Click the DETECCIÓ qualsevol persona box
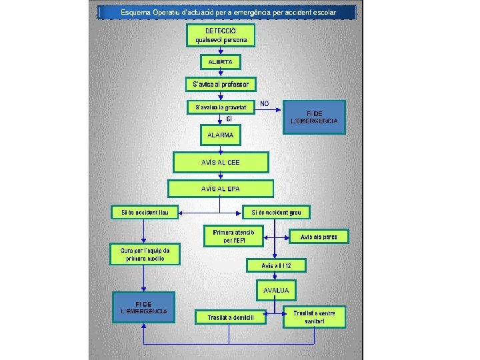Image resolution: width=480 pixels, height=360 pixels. click(221, 36)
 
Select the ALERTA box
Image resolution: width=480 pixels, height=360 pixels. click(221, 61)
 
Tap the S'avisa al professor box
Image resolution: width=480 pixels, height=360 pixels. click(221, 84)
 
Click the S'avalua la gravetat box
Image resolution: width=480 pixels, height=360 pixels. click(221, 107)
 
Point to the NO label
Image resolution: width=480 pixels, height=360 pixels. click(265, 103)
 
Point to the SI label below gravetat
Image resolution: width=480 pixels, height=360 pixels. click(229, 119)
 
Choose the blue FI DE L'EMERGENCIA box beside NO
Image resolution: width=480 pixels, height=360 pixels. click(315, 117)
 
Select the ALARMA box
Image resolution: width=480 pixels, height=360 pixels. click(221, 135)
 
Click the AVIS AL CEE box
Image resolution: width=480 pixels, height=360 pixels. click(221, 162)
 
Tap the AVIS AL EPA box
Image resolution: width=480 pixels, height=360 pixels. click(221, 189)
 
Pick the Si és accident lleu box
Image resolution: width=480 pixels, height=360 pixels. click(145, 213)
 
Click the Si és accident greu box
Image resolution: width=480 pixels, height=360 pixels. click(277, 213)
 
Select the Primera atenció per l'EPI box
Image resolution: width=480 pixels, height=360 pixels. click(233, 235)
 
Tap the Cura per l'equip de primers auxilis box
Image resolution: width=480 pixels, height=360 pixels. click(144, 254)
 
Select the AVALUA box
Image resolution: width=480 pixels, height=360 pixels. click(276, 291)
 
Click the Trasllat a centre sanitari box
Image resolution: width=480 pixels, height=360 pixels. click(315, 317)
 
